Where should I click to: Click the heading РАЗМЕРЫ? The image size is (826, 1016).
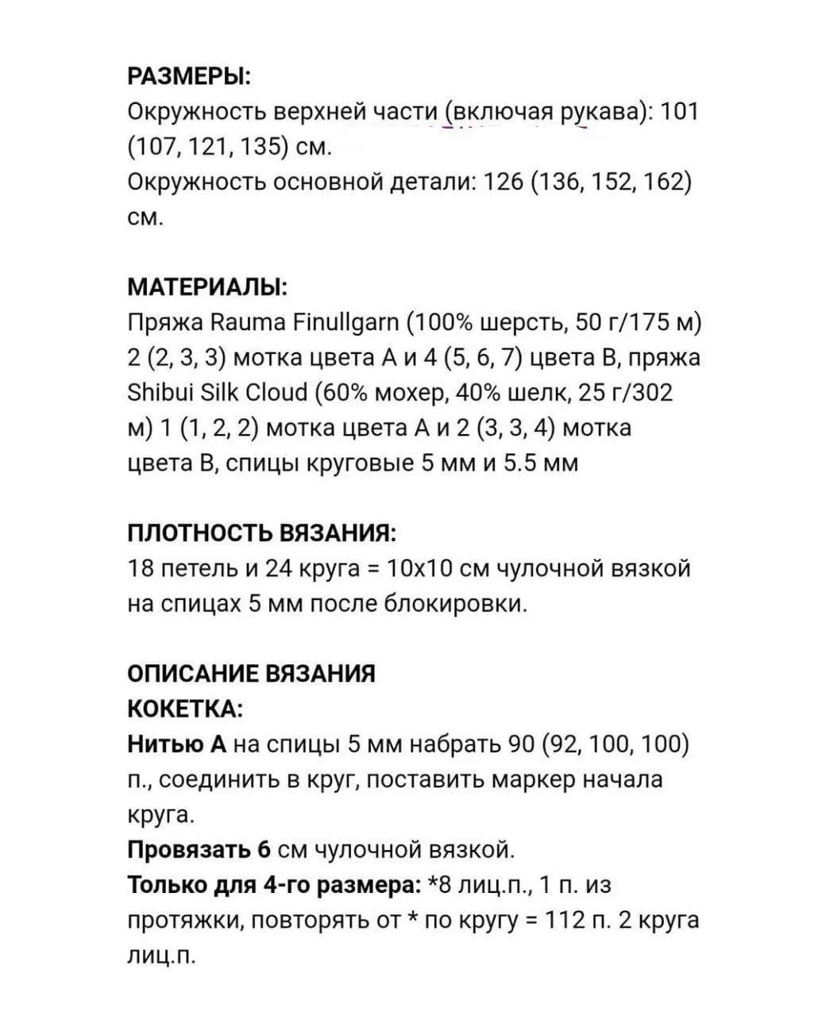tap(189, 77)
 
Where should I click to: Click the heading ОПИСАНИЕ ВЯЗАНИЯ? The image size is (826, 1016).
tap(252, 673)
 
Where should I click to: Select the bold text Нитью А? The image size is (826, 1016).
tap(177, 744)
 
